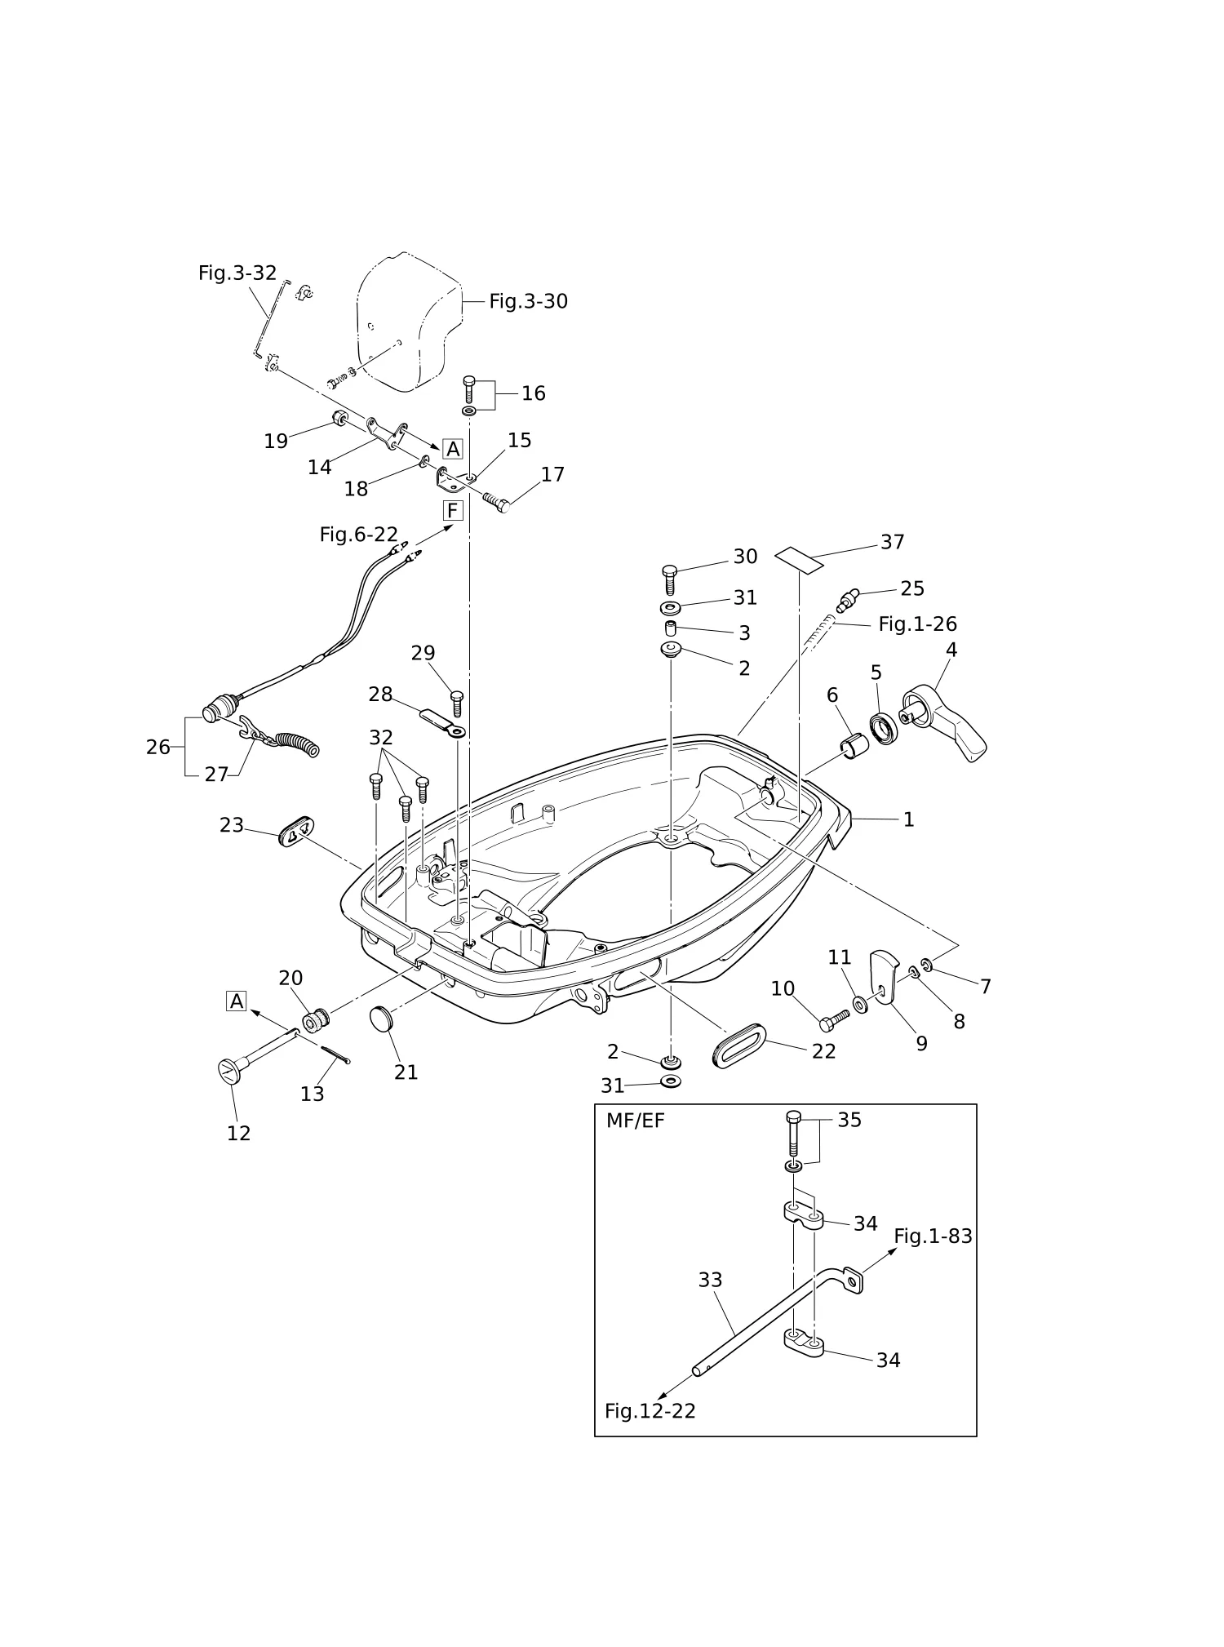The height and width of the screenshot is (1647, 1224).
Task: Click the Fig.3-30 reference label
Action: [x=528, y=301]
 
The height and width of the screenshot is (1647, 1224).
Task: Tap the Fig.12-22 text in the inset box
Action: [x=650, y=1411]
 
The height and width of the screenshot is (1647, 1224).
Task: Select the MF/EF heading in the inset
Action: [x=635, y=1121]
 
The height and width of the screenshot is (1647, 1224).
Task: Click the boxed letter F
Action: [x=452, y=511]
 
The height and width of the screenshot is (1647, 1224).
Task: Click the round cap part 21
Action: [x=381, y=1020]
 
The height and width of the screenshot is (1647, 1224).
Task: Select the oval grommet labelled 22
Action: [x=738, y=1045]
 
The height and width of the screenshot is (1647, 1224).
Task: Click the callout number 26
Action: [x=158, y=747]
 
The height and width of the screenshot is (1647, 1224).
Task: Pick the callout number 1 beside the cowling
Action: [x=908, y=819]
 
